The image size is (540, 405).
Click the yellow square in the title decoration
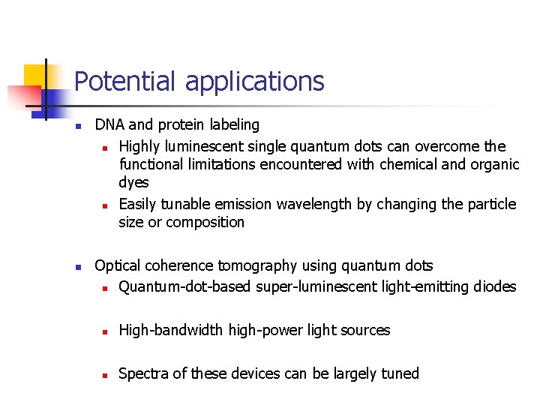pos(35,76)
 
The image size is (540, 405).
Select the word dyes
pos(133,183)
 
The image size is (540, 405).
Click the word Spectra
pos(143,373)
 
